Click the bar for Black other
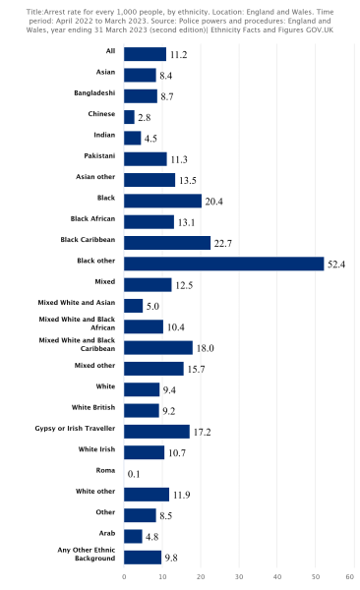[x=223, y=264]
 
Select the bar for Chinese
[x=129, y=117]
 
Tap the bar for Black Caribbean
[x=167, y=243]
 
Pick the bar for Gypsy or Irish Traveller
[x=156, y=432]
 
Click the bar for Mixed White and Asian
[x=133, y=306]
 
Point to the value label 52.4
[x=337, y=265]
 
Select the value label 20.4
[x=214, y=202]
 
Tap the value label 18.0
[x=206, y=348]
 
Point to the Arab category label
[x=105, y=533]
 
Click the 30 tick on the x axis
[x=239, y=576]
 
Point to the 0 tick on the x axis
[x=124, y=576]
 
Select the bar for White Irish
[x=144, y=452]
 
